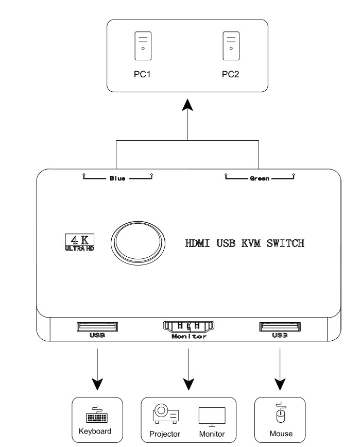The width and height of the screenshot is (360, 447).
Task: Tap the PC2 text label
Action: [231, 74]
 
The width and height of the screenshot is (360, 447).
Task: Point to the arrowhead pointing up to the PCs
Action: [187, 105]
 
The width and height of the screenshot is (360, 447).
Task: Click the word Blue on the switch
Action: [117, 178]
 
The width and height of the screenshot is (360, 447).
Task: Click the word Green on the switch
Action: [259, 178]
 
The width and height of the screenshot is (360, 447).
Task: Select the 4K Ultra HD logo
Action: [80, 242]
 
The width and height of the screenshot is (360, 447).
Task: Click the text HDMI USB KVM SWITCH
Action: [245, 243]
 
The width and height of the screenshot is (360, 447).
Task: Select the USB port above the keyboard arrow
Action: [97, 326]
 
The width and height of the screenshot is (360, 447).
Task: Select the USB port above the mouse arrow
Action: [280, 326]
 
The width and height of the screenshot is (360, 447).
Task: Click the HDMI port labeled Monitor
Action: [188, 326]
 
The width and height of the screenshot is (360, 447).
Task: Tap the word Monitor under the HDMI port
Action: [188, 337]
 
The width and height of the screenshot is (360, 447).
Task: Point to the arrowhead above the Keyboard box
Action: [97, 384]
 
